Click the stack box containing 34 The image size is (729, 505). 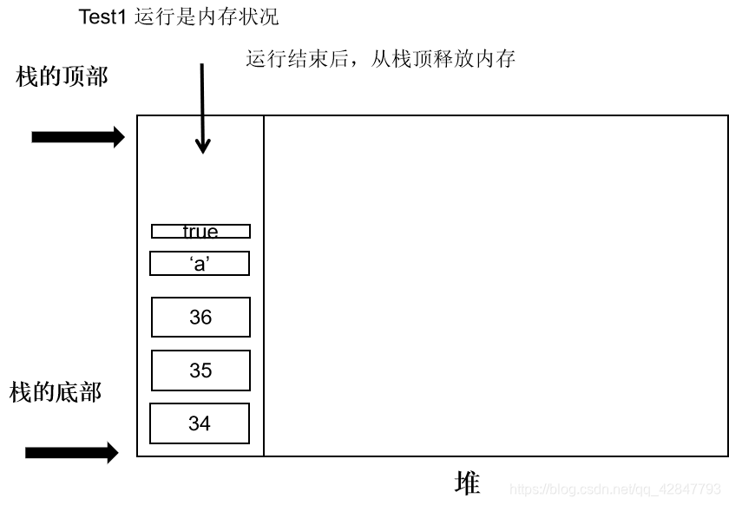click(200, 423)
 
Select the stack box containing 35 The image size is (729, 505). click(200, 371)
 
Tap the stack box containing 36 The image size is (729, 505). click(200, 318)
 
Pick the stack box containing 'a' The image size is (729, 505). click(200, 264)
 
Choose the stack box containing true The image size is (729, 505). click(200, 232)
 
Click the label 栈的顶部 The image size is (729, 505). click(62, 76)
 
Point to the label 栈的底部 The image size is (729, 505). click(56, 392)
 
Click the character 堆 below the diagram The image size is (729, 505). click(467, 483)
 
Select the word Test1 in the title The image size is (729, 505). click(102, 17)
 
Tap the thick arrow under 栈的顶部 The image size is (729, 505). click(78, 136)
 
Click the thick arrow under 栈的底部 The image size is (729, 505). click(71, 452)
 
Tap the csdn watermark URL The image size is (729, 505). click(615, 489)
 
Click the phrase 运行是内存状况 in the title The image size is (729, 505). click(207, 17)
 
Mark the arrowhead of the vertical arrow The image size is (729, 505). click(202, 146)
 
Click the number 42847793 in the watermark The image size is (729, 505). click(690, 489)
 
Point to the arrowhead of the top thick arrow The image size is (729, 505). click(117, 136)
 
